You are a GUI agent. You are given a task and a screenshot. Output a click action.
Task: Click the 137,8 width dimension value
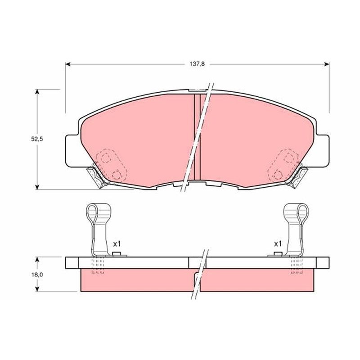point(197,64)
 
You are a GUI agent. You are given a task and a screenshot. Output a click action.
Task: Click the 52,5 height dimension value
point(37,139)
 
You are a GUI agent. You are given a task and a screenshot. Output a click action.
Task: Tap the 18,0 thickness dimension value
point(37,274)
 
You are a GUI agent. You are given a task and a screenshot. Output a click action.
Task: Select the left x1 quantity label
point(117,244)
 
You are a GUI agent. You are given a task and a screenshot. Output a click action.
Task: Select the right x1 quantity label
point(278,244)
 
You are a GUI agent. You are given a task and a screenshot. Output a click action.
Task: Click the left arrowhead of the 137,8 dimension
point(68,64)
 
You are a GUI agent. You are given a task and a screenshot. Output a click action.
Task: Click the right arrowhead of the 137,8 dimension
point(327,64)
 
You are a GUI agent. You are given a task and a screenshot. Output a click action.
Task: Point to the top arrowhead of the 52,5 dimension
point(37,91)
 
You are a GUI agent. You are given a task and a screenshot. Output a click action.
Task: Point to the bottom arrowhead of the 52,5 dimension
point(37,187)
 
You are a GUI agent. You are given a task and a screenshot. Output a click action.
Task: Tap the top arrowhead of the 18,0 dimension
point(37,259)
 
